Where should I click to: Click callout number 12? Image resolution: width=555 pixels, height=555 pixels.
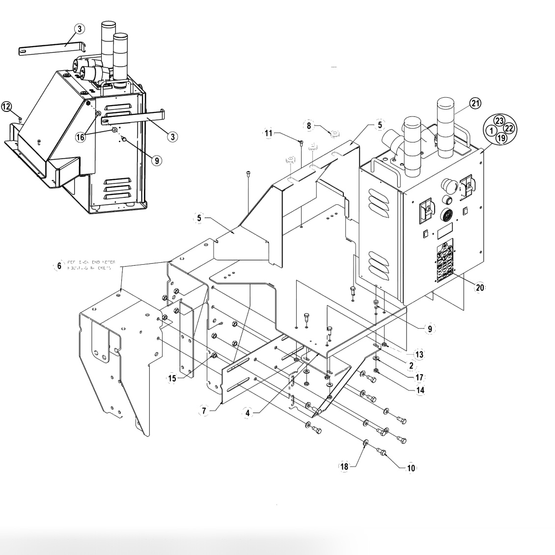pyautogui.click(x=6, y=106)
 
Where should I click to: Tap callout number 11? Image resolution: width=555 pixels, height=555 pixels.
pyautogui.click(x=268, y=133)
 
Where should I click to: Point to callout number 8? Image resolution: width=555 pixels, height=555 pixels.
pyautogui.click(x=309, y=125)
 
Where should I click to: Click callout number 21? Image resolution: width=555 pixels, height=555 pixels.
pyautogui.click(x=475, y=103)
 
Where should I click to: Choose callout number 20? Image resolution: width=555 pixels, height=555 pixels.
pyautogui.click(x=479, y=287)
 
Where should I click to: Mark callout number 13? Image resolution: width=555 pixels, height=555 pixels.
pyautogui.click(x=419, y=354)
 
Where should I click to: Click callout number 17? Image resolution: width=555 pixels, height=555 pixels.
pyautogui.click(x=419, y=377)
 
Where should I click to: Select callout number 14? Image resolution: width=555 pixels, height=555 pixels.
pyautogui.click(x=419, y=390)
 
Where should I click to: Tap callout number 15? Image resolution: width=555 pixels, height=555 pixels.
pyautogui.click(x=172, y=379)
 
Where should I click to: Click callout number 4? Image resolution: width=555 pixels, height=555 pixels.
pyautogui.click(x=248, y=413)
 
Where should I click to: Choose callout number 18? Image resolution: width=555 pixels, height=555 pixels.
pyautogui.click(x=344, y=467)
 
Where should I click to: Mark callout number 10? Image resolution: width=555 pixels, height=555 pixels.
pyautogui.click(x=411, y=469)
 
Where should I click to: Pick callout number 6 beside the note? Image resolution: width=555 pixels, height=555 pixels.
pyautogui.click(x=58, y=266)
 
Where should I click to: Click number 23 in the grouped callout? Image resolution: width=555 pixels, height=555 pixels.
pyautogui.click(x=499, y=120)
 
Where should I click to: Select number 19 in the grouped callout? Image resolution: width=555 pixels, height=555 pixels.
pyautogui.click(x=500, y=138)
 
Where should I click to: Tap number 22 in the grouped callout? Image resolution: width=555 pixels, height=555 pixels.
pyautogui.click(x=509, y=129)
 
